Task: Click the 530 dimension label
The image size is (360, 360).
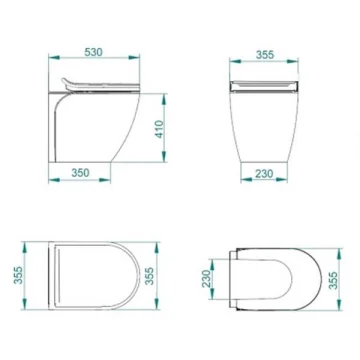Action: pyautogui.click(x=94, y=52)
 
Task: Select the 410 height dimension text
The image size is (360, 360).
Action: pyautogui.click(x=160, y=129)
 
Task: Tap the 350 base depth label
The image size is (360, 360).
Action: pyautogui.click(x=80, y=173)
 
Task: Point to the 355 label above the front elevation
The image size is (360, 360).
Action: pyautogui.click(x=265, y=55)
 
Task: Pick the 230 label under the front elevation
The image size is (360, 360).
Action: pyautogui.click(x=264, y=174)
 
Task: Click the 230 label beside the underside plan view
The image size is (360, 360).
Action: pyautogui.click(x=207, y=279)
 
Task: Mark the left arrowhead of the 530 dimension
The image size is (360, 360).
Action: pyautogui.click(x=54, y=58)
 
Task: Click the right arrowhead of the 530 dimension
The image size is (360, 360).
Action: pyautogui.click(x=134, y=58)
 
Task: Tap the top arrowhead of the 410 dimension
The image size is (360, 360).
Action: pyautogui.click(x=164, y=99)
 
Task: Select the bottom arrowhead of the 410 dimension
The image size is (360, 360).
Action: pyautogui.click(x=164, y=156)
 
